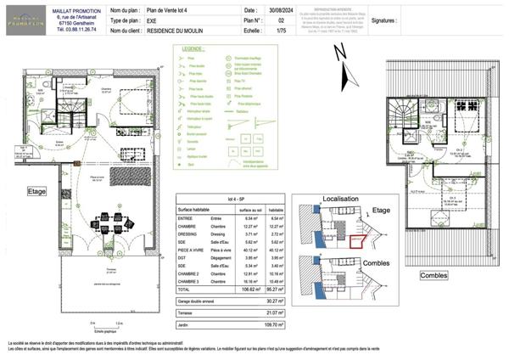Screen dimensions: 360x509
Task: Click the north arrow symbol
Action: click(x=341, y=53)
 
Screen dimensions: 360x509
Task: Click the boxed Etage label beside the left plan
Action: click(x=36, y=191)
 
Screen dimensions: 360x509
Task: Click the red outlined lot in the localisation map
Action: click(x=355, y=239)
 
